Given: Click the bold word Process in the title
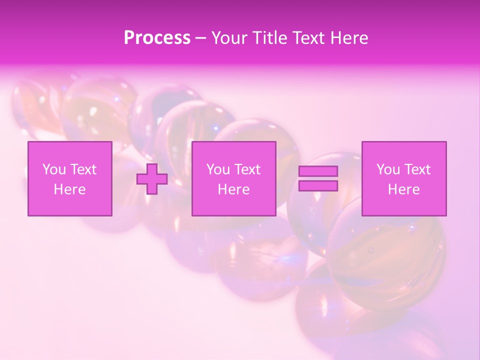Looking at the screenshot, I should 157,37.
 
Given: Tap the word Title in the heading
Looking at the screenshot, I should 270,38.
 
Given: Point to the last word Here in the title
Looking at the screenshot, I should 349,38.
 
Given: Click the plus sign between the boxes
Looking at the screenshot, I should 152,179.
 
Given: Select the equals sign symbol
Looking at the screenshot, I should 318,178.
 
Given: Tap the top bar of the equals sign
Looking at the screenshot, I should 318,171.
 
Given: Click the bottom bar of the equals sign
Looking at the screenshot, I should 318,186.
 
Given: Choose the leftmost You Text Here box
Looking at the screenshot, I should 69,178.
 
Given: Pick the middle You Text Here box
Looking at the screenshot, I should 233,178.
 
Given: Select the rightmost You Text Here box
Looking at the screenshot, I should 403,178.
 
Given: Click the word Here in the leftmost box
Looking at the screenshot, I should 69,189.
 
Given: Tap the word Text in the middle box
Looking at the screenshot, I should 247,169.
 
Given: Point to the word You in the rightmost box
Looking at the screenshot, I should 388,169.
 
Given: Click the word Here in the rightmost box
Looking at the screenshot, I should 403,189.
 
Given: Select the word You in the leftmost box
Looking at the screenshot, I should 54,169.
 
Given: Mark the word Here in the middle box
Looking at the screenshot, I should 233,189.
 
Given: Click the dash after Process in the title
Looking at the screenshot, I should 200,38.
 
